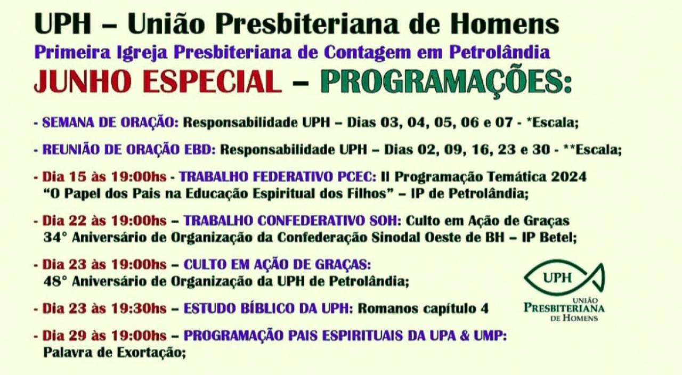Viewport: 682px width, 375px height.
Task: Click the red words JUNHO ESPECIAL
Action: (x=158, y=81)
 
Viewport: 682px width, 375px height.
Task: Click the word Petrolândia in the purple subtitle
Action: (x=499, y=52)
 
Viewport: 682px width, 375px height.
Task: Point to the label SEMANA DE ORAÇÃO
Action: (x=110, y=123)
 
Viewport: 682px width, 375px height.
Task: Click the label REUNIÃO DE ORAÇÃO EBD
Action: (x=129, y=150)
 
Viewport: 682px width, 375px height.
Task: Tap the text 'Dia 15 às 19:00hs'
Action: (x=104, y=176)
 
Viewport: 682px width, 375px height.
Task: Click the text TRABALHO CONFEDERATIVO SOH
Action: (x=293, y=221)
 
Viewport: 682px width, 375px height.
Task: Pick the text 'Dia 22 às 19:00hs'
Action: (x=104, y=221)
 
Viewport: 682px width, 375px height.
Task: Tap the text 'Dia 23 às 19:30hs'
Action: (x=104, y=308)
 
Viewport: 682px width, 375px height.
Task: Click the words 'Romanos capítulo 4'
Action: (x=423, y=308)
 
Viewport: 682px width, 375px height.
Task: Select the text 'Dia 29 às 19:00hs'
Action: (x=104, y=336)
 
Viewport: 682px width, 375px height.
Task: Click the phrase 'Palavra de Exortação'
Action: (x=114, y=353)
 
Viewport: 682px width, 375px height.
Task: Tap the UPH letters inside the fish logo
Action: (x=557, y=278)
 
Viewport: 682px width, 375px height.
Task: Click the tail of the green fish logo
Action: (x=598, y=277)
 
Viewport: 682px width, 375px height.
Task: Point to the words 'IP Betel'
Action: (x=548, y=238)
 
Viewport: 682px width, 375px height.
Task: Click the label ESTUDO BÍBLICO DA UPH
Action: (x=268, y=308)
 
